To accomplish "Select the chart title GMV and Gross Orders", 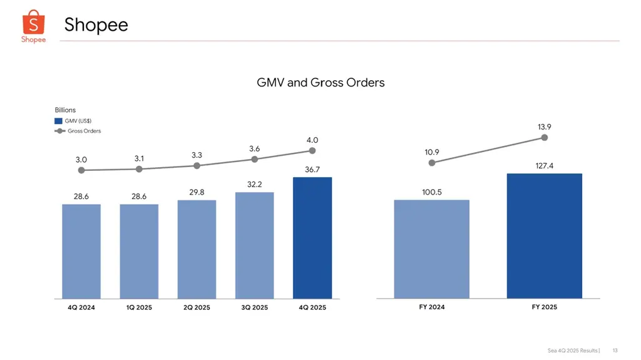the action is click(320, 83).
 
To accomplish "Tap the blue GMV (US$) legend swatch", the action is click(58, 121).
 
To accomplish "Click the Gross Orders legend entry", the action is click(78, 131).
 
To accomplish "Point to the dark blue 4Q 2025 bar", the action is click(312, 238).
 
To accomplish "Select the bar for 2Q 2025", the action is click(197, 249).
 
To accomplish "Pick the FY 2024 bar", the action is click(432, 249).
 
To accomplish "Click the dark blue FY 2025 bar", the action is click(545, 236).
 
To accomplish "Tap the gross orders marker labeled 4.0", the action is click(312, 150).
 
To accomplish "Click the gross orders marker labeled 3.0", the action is click(81, 170).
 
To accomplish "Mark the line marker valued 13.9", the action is click(545, 138).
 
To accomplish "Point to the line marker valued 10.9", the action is click(432, 163).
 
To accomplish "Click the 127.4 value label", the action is click(545, 166).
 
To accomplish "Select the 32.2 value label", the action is click(254, 185).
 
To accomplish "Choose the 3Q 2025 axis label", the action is click(254, 307).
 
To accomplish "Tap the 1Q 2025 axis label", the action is click(139, 307).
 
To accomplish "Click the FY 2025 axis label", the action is click(545, 307).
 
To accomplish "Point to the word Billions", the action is click(65, 110).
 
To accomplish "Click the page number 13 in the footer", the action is click(615, 351).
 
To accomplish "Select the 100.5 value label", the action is click(432, 192).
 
